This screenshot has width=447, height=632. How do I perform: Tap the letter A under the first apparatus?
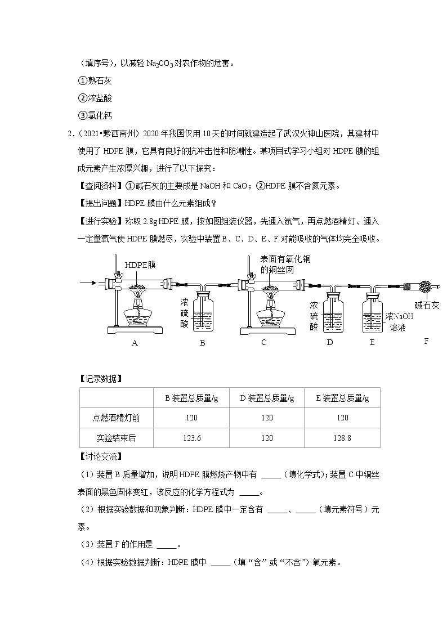pyautogui.click(x=135, y=343)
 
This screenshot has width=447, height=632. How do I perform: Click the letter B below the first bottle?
pyautogui.click(x=202, y=343)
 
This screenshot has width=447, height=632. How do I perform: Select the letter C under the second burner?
pyautogui.click(x=263, y=343)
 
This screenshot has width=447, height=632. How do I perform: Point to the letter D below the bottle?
pyautogui.click(x=330, y=343)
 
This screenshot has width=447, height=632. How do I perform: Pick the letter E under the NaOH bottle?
pyautogui.click(x=372, y=343)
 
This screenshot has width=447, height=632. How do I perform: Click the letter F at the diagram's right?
pyautogui.click(x=426, y=341)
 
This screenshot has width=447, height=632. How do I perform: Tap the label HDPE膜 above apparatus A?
pyautogui.click(x=140, y=265)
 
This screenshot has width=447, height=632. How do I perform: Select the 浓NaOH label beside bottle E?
pyautogui.click(x=399, y=316)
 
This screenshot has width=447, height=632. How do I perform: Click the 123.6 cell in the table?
pyautogui.click(x=192, y=437)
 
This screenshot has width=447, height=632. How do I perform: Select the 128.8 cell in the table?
pyautogui.click(x=342, y=437)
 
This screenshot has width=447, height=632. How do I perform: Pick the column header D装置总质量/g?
pyautogui.click(x=267, y=398)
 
